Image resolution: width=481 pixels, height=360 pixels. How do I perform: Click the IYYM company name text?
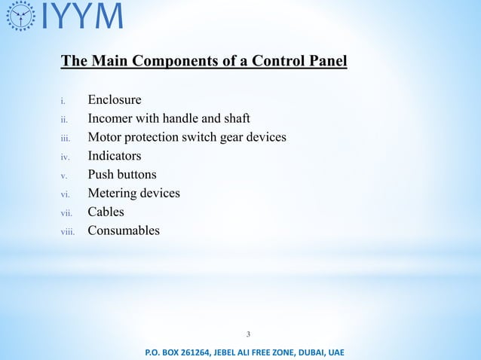(x=79, y=16)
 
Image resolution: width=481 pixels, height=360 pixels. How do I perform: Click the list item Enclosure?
(x=115, y=99)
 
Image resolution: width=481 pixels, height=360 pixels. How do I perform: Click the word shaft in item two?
(x=234, y=118)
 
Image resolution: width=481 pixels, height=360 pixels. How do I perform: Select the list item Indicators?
(x=115, y=156)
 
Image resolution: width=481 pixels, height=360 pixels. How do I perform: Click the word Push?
(x=101, y=175)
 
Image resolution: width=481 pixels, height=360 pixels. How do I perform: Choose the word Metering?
(x=114, y=194)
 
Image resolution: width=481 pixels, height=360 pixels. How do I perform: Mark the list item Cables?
(x=106, y=212)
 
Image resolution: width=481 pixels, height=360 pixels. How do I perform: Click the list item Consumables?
(x=124, y=230)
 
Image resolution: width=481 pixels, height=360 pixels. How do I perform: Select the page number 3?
(x=249, y=334)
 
